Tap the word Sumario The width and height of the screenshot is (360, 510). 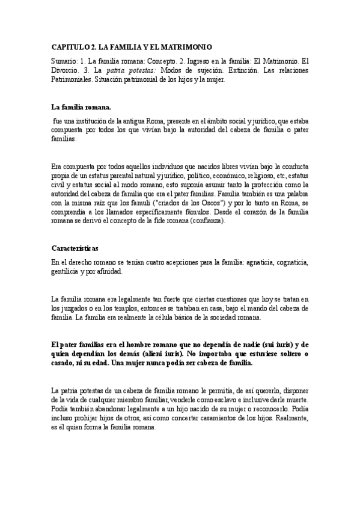[65, 61]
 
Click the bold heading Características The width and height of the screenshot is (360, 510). [75, 248]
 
